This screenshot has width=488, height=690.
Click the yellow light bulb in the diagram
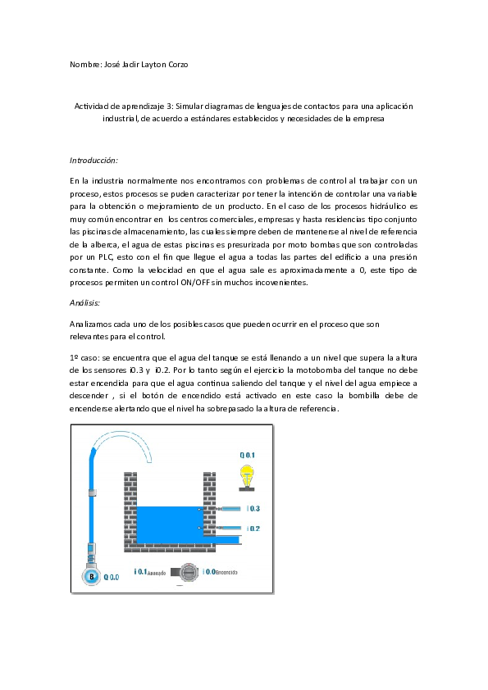pyautogui.click(x=246, y=474)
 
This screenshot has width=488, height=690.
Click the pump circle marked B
pyautogui.click(x=93, y=577)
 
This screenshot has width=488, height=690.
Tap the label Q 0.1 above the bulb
pyautogui.click(x=247, y=455)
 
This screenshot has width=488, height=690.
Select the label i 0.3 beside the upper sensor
pyautogui.click(x=254, y=509)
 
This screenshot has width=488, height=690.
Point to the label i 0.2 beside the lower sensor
pyautogui.click(x=254, y=529)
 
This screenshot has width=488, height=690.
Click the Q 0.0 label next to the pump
pyautogui.click(x=111, y=578)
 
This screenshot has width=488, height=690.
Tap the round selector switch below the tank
pyautogui.click(x=188, y=572)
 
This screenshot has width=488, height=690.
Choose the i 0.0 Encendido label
pyautogui.click(x=221, y=572)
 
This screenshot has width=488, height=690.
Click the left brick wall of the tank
pyautogui.click(x=129, y=508)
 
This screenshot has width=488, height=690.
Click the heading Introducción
pyautogui.click(x=93, y=160)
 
